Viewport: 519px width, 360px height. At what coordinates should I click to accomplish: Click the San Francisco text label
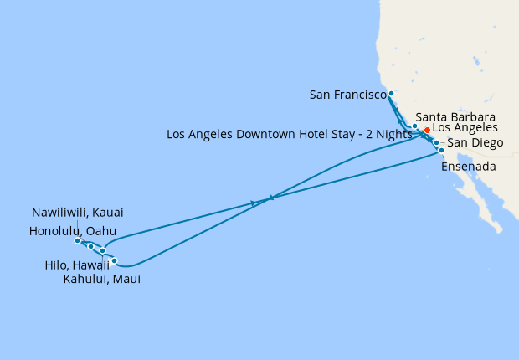(347, 95)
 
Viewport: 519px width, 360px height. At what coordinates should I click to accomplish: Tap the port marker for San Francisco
(391, 94)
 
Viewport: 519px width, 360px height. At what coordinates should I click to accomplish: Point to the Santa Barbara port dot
(414, 126)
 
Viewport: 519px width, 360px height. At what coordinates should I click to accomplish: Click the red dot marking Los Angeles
(427, 131)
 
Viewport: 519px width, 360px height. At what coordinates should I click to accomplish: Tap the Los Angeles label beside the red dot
(465, 128)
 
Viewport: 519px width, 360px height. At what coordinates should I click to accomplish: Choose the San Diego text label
(475, 143)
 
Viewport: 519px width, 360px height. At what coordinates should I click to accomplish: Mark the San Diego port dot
(436, 143)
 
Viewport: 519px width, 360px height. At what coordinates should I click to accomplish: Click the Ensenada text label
(469, 167)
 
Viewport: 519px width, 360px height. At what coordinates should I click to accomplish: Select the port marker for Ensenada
(441, 151)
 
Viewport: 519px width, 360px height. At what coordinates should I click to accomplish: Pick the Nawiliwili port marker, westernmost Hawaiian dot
(77, 241)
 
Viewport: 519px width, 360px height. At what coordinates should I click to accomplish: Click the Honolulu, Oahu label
(72, 230)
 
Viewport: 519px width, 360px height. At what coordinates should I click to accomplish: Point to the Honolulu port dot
(90, 247)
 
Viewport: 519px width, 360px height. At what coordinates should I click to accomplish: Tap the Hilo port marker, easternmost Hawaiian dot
(115, 261)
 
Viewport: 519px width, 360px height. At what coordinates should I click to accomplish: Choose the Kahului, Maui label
(101, 280)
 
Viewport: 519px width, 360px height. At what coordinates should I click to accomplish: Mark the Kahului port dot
(102, 250)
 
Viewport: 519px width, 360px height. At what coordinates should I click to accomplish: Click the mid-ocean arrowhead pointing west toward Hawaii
(270, 198)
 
